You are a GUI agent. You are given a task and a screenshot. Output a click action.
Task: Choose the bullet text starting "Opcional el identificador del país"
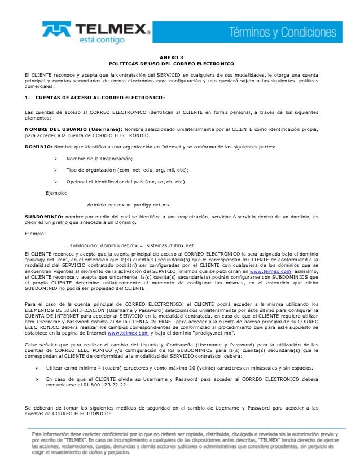coord(124,181)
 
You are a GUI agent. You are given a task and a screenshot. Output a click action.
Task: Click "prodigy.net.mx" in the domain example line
coord(152,204)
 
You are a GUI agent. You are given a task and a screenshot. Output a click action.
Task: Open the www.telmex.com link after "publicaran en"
coord(274,270)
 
